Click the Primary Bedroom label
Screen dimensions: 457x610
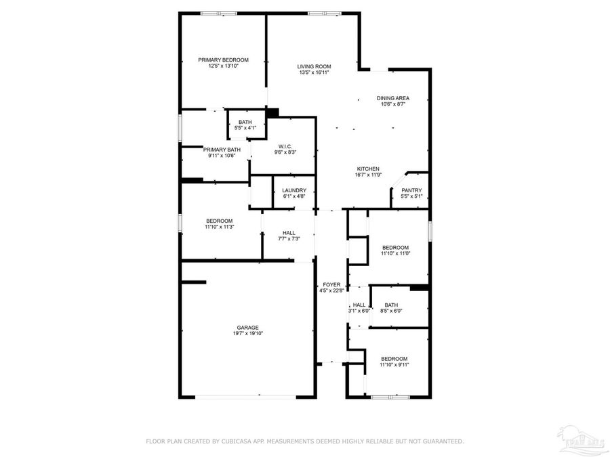(x=223, y=60)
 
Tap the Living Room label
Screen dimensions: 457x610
(x=314, y=66)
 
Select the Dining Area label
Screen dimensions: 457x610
(x=393, y=98)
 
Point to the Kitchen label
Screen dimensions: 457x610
(x=368, y=169)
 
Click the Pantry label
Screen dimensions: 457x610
(x=411, y=190)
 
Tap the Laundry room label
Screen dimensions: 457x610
(x=294, y=190)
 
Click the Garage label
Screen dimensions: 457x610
(x=247, y=328)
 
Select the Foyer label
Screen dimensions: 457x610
(x=331, y=285)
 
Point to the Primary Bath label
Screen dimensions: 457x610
(x=222, y=150)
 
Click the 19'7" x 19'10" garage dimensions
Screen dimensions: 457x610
(x=247, y=334)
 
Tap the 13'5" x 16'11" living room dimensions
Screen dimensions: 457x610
(x=314, y=72)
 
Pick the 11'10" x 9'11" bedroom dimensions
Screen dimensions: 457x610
(x=394, y=365)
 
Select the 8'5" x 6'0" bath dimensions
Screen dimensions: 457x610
(x=391, y=311)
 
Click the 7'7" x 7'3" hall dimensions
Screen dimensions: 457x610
(x=289, y=239)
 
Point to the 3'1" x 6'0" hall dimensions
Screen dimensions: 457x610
(x=359, y=311)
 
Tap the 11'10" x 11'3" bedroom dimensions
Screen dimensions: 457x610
(x=220, y=227)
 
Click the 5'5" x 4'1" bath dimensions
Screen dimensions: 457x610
(x=245, y=128)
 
